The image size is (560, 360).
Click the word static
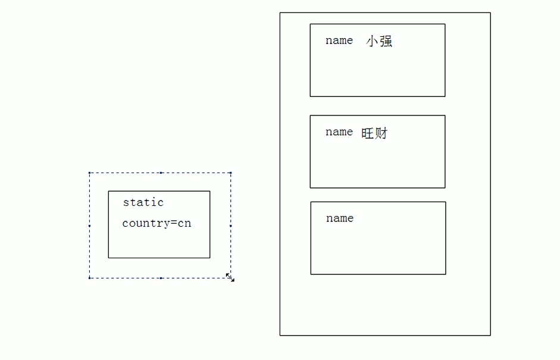point(143,202)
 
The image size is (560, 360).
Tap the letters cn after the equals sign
point(184,224)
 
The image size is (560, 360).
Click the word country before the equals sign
point(146,224)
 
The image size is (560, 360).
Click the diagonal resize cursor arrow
point(230,277)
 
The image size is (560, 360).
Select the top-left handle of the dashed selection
point(89,173)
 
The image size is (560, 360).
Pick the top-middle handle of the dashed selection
point(161,173)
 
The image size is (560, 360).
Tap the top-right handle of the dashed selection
point(230,173)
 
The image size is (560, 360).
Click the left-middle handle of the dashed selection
point(89,226)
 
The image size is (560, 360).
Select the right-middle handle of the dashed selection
point(230,226)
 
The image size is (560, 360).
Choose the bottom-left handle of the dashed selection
point(89,277)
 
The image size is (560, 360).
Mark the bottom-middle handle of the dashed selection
point(161,277)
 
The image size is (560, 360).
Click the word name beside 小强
point(339,40)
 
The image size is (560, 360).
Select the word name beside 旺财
point(339,132)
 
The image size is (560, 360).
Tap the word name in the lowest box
point(340,218)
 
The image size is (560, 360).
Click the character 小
point(372,42)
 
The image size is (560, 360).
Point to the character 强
point(386,42)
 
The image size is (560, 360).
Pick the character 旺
point(367,133)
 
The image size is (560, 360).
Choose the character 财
point(381,133)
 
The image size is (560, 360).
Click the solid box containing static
point(159,244)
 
